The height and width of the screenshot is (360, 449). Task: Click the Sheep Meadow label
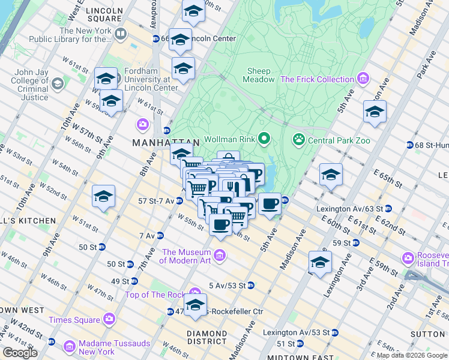pos(259,75)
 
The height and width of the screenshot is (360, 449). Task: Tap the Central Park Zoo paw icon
pos(298,140)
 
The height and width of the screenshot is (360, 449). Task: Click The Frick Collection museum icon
pos(363,79)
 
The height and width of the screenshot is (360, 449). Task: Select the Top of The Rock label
pos(155,295)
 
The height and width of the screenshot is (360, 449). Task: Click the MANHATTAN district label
pos(157,142)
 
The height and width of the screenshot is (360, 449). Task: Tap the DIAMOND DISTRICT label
pos(206,338)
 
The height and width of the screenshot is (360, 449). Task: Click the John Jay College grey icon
pos(58,83)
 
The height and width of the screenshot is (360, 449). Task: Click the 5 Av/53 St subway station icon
pos(251,285)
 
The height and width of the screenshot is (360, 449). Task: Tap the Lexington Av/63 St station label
pos(350,209)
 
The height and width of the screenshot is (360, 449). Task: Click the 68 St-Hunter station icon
pos(409,145)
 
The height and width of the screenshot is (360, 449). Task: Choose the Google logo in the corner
pos(20,353)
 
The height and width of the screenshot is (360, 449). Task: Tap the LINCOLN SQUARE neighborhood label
pos(104,15)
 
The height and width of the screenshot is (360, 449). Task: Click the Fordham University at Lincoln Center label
pos(150,79)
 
